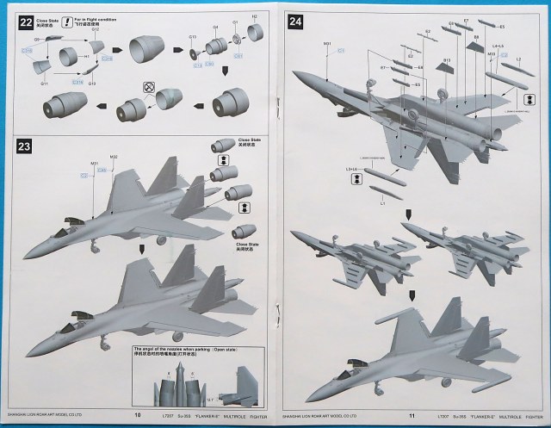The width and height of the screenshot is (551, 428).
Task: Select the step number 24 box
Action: (x=295, y=19)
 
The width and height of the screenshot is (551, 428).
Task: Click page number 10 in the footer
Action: (x=138, y=415)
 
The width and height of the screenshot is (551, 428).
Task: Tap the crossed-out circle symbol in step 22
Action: (x=148, y=87)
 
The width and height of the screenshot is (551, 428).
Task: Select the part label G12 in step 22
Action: (x=96, y=29)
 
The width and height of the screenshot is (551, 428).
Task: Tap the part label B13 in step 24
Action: (x=447, y=60)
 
